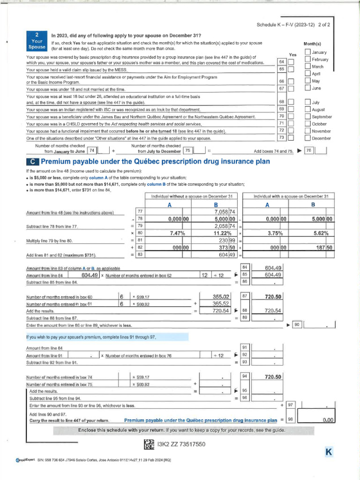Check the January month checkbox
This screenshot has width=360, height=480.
pyautogui.click(x=307, y=52)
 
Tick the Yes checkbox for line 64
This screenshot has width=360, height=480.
pyautogui.click(x=291, y=62)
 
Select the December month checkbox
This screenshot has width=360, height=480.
pyautogui.click(x=307, y=138)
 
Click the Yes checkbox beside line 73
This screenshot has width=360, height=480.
pyautogui.click(x=291, y=138)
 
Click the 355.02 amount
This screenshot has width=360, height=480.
pyautogui.click(x=221, y=296)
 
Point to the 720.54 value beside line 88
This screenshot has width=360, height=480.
pyautogui.click(x=273, y=310)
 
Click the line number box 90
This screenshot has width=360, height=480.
pyautogui.click(x=297, y=324)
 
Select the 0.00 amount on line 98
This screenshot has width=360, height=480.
pyautogui.click(x=327, y=420)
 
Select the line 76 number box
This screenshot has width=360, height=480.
pyautogui.click(x=308, y=151)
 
